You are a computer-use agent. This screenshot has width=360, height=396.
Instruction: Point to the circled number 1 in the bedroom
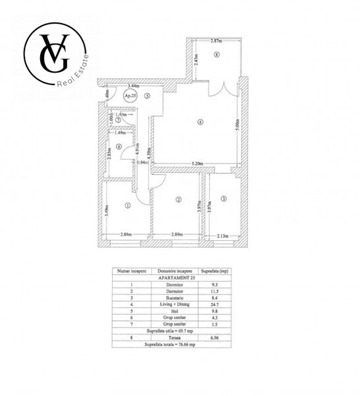(127, 205)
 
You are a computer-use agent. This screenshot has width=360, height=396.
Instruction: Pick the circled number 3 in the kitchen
(224, 199)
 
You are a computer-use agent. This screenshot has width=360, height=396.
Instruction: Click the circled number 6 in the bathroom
(119, 147)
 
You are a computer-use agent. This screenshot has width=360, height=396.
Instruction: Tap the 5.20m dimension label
(197, 164)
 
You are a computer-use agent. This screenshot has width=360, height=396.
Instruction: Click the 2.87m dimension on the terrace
(216, 42)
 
